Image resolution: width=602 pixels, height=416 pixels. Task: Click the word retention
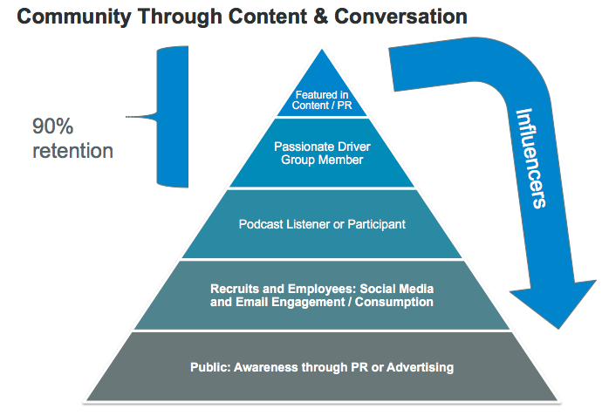click(x=73, y=151)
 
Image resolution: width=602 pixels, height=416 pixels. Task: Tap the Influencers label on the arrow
click(x=530, y=157)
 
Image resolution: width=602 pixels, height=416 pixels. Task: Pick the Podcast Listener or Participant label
click(x=322, y=224)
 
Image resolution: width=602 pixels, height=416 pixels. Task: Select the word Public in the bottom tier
click(x=209, y=367)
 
